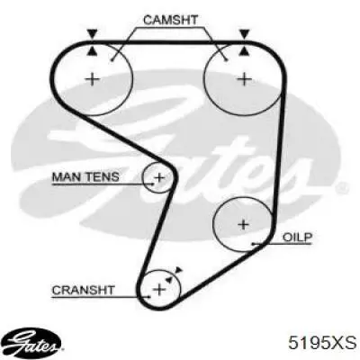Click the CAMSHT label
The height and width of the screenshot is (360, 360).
coord(170,20)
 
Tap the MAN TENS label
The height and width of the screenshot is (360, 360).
coord(85,176)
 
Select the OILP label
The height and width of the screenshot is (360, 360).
coord(298,238)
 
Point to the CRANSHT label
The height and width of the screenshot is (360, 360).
coord(83,290)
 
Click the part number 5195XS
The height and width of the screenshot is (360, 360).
coord(322,343)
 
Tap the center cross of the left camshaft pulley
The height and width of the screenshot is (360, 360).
coord(93,79)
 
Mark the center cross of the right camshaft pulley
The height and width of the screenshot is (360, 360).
coord(245,79)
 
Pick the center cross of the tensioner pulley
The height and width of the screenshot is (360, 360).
coord(159,178)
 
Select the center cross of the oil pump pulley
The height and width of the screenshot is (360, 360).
coord(243,224)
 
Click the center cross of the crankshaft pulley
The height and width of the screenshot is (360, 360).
coord(159,290)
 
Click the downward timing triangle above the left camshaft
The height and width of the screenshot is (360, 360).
coord(92,33)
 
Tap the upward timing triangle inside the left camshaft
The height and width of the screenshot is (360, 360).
coord(92,51)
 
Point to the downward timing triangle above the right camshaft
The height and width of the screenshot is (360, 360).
coord(244,33)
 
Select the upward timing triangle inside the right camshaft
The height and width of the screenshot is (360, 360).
coord(244,51)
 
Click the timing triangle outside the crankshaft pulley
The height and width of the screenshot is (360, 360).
coord(179,270)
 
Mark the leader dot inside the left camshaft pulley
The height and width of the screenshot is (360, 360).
coord(112,60)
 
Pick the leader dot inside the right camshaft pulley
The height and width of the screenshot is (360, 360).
coord(227,60)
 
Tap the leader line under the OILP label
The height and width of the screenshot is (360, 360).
coord(282,244)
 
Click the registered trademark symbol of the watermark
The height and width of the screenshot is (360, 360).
coord(343,188)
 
